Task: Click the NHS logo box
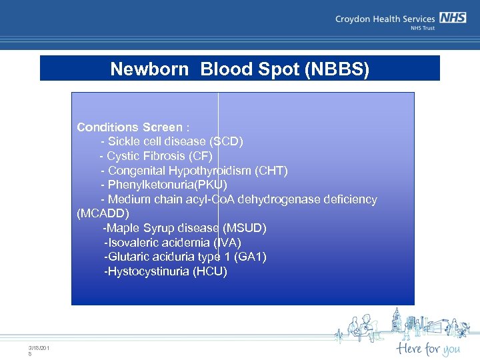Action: pos(452,19)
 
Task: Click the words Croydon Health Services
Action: pos(385,19)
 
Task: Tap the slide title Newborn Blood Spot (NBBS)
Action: pos(239,69)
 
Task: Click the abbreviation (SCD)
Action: pos(227,141)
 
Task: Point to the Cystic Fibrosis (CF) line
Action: pos(156,156)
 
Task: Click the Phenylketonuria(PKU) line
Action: pos(163,185)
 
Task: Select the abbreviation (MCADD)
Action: pos(103,214)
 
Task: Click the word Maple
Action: pos(122,229)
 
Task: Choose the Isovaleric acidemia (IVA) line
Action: pos(172,243)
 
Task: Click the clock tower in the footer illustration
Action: pos(397,320)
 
